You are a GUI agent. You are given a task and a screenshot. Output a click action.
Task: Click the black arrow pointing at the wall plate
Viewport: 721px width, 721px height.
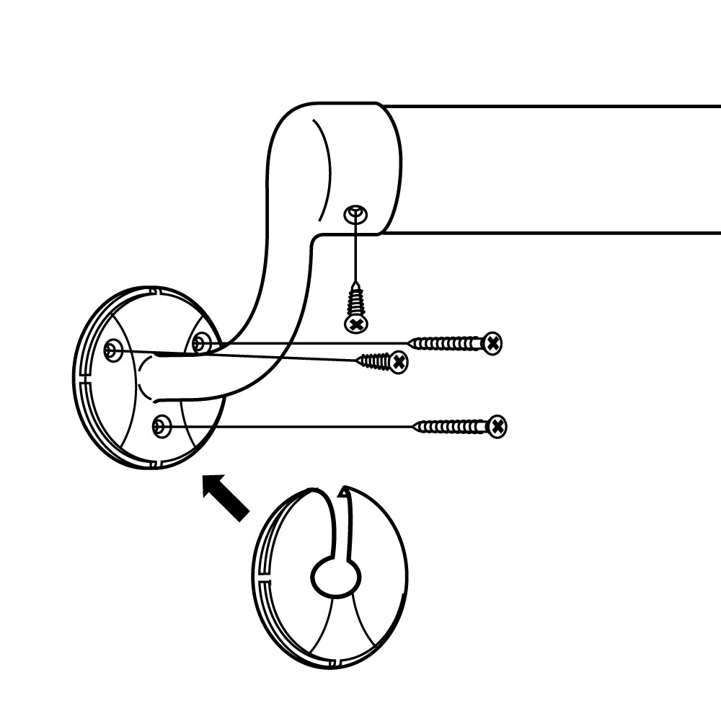(x=226, y=497)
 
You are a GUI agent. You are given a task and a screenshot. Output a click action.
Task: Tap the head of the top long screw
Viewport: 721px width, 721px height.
(x=492, y=343)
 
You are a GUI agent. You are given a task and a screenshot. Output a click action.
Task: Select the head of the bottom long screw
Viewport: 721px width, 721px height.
(x=496, y=427)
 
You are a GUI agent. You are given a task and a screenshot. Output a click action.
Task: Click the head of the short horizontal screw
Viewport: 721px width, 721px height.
(x=398, y=362)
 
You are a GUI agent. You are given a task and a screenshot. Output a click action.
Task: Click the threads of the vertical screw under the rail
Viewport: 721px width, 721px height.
(x=355, y=298)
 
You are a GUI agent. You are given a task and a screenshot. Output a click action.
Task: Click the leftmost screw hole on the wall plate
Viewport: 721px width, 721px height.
(x=111, y=352)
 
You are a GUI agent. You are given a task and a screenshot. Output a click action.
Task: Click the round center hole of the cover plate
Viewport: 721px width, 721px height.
(x=335, y=577)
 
